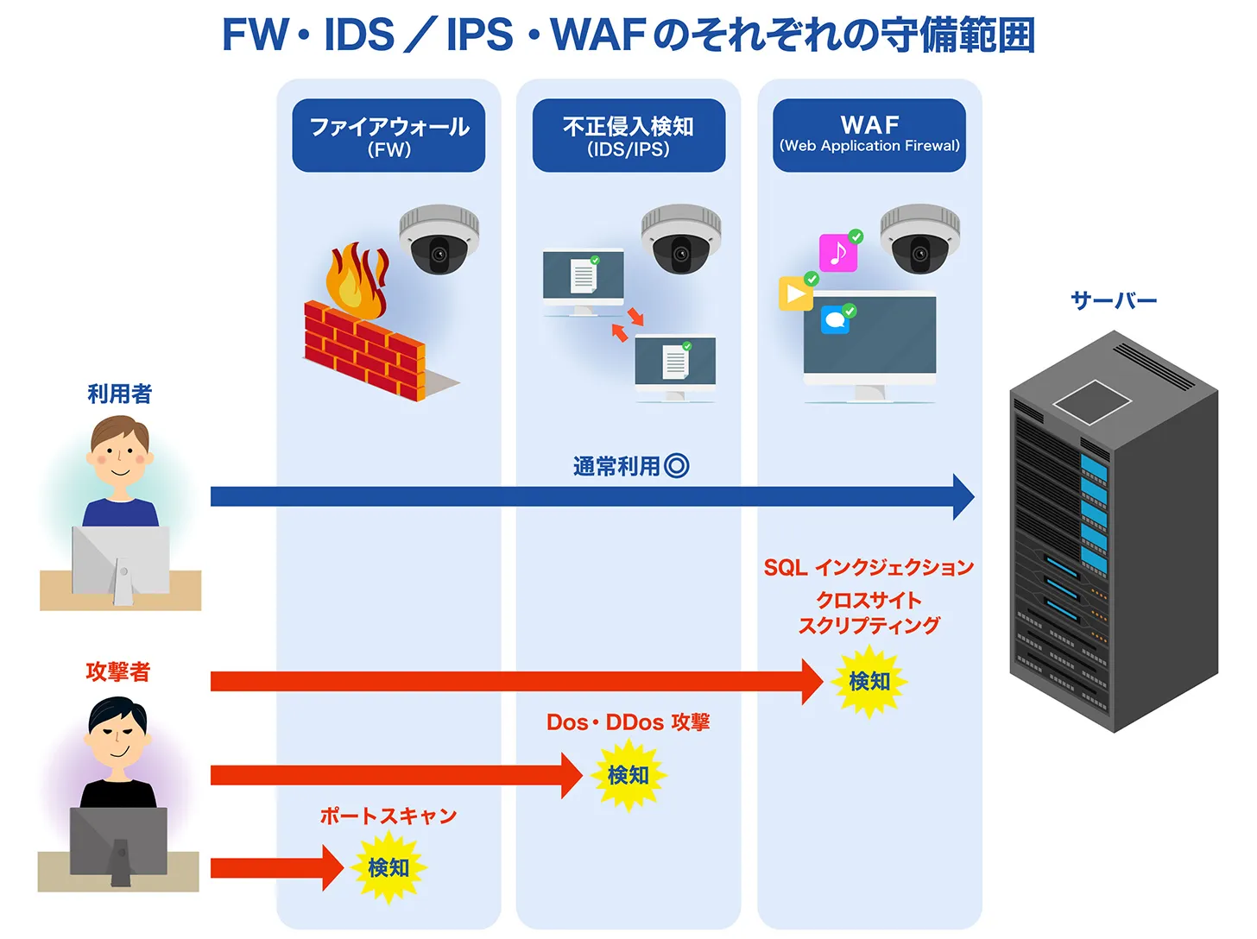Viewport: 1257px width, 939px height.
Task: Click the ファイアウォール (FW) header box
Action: point(388,135)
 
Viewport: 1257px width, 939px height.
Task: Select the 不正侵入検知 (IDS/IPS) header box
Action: point(628,135)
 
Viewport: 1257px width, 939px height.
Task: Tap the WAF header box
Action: point(869,135)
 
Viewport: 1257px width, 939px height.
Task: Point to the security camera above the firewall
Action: point(439,239)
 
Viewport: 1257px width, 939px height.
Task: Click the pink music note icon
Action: point(837,253)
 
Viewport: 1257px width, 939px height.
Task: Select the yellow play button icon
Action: point(795,293)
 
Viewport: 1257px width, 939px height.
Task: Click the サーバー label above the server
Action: point(1113,300)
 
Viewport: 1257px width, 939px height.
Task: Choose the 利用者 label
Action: point(119,394)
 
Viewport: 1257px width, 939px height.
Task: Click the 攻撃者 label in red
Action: point(118,671)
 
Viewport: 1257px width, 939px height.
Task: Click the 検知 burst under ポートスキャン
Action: point(388,867)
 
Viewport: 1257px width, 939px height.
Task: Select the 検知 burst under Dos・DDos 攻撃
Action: point(628,775)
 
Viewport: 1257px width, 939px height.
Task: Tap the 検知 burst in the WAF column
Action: point(869,682)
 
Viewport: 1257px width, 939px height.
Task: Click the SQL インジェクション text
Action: point(869,568)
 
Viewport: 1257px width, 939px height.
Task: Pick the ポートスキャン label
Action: point(388,816)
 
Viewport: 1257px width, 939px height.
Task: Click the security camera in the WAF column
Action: point(919,239)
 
